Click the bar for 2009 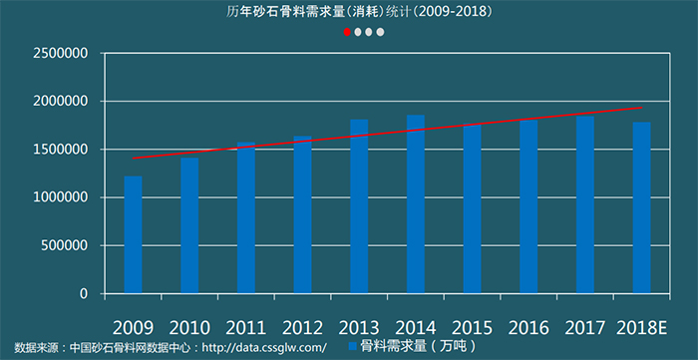pos(133,235)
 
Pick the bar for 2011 pos(245,218)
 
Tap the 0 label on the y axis pos(84,294)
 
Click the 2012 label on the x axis pos(302,326)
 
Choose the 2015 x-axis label pos(472,326)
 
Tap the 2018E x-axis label pos(641,326)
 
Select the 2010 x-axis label pos(189,326)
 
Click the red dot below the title pos(348,32)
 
